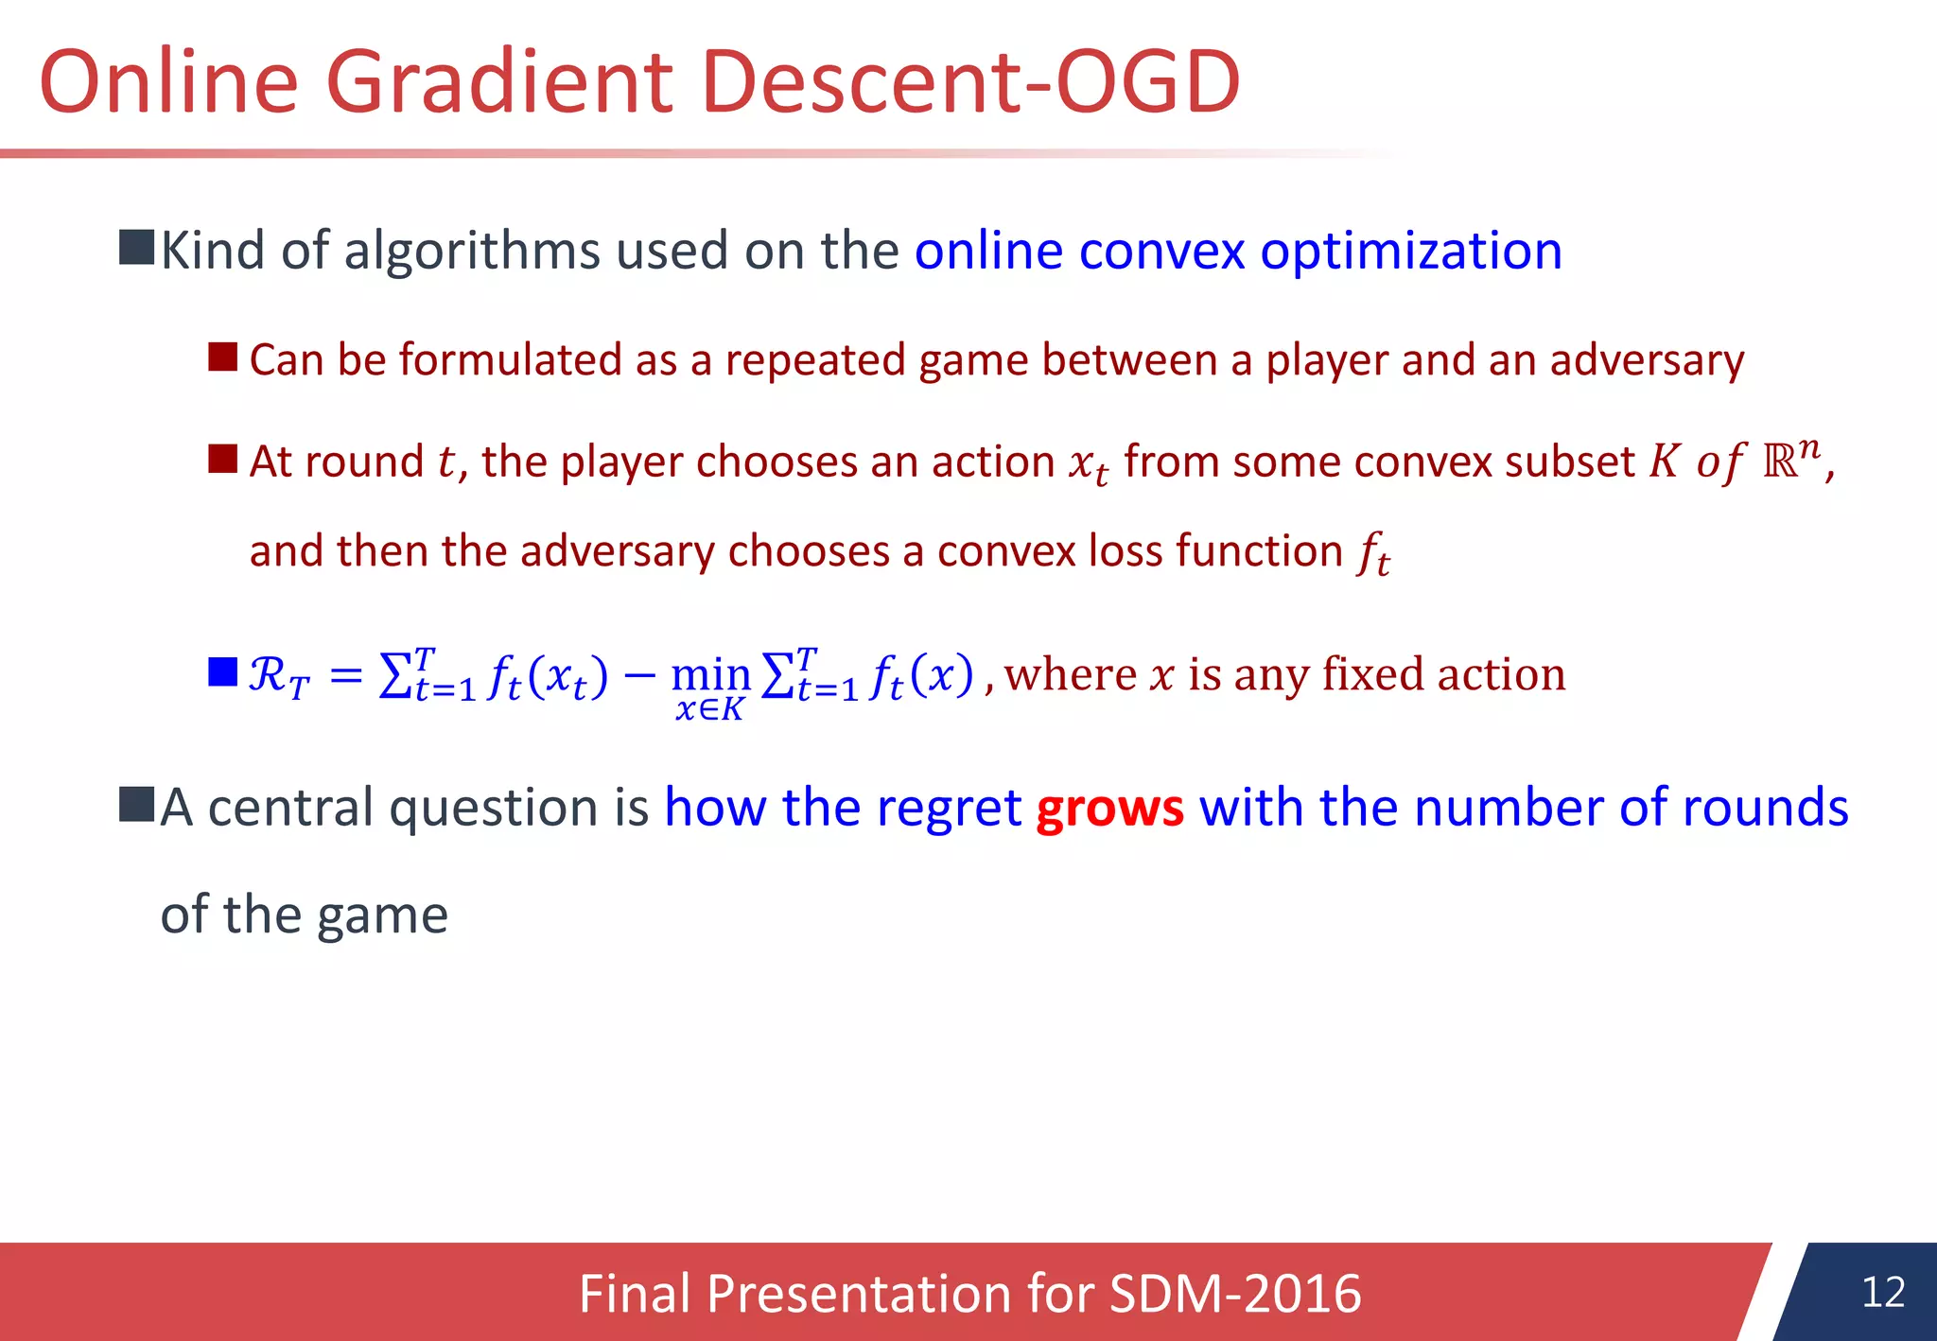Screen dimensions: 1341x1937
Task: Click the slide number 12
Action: click(x=1882, y=1292)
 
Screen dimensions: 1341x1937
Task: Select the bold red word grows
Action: click(x=1109, y=810)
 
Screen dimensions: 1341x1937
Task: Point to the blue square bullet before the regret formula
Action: click(x=222, y=672)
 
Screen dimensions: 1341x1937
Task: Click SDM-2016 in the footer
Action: click(x=1234, y=1294)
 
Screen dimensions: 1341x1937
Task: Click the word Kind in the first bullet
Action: click(x=213, y=253)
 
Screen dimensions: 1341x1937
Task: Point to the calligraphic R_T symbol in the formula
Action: click(x=278, y=677)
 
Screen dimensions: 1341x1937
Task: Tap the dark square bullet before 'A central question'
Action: click(x=136, y=805)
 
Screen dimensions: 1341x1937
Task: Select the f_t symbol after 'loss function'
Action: click(x=1373, y=554)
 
